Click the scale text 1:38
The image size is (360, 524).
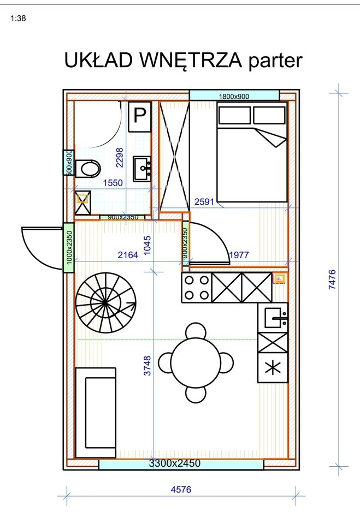[18, 18]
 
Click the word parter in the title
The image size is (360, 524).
[275, 61]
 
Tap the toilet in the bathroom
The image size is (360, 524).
[87, 169]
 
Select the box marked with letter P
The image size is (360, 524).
[140, 117]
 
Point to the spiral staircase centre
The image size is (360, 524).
[105, 302]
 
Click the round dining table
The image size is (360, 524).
[196, 362]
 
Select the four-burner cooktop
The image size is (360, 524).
[197, 288]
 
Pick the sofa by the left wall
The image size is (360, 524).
[96, 413]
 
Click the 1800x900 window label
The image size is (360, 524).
[234, 97]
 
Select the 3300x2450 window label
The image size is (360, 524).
[175, 463]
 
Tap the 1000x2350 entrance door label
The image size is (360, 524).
[69, 247]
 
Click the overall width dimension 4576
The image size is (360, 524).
[181, 490]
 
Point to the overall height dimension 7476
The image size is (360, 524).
[333, 279]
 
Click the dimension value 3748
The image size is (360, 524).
[147, 366]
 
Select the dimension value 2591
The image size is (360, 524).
[204, 202]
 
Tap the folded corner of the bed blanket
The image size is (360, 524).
[272, 138]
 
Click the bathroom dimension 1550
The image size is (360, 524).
[113, 183]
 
